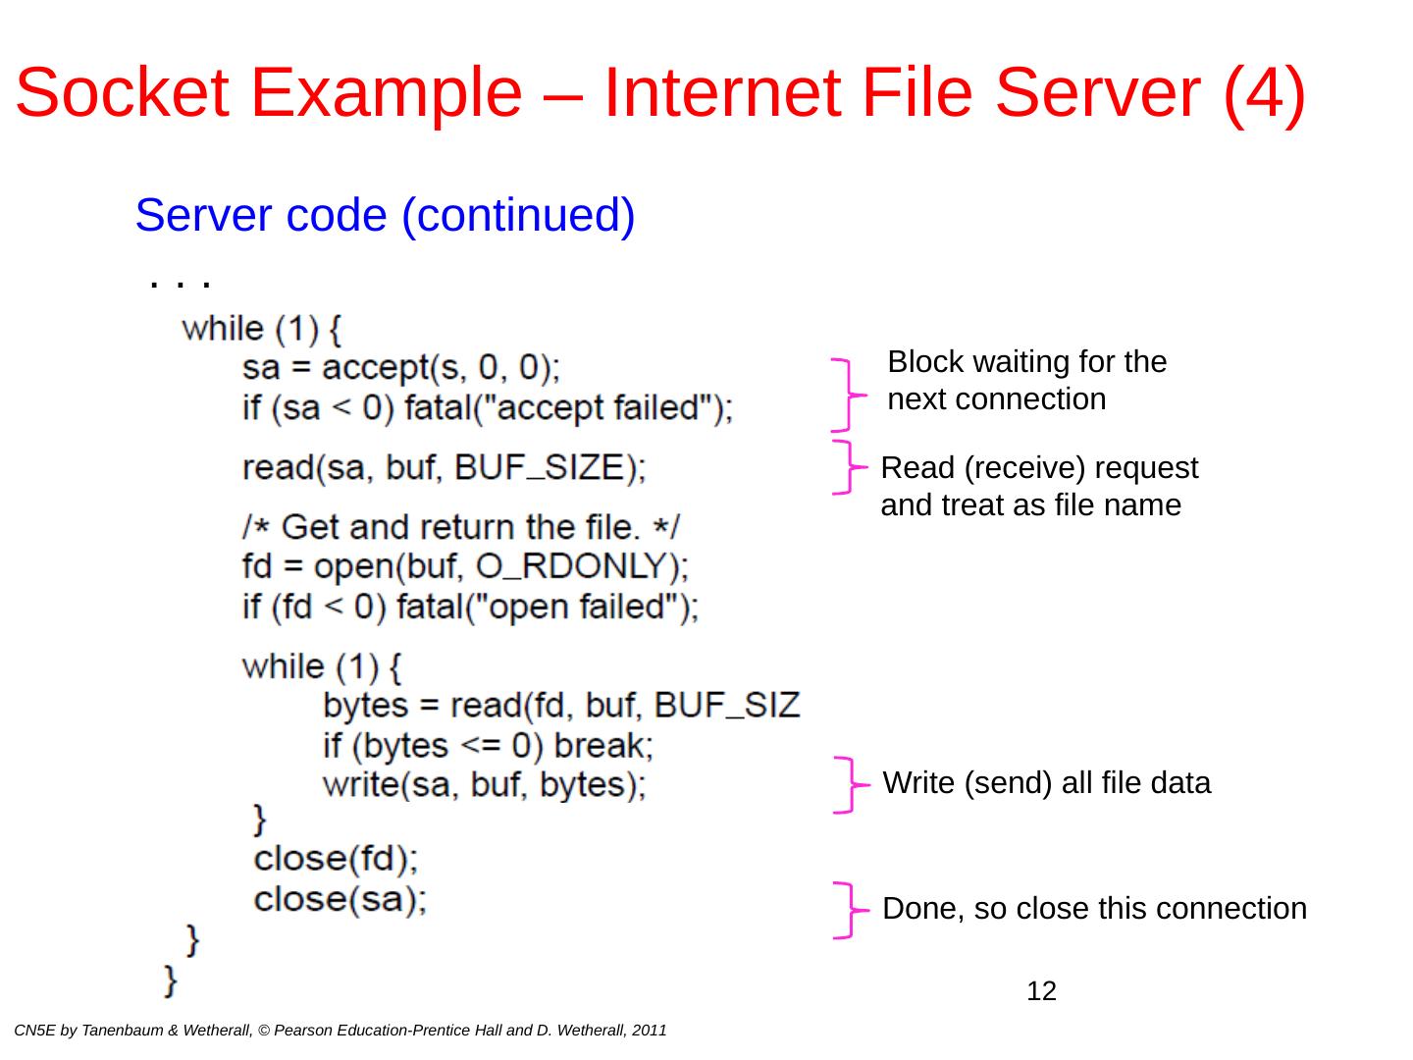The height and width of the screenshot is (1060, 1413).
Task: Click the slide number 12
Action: pos(1041,991)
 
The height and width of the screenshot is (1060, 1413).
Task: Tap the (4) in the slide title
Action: pos(1264,93)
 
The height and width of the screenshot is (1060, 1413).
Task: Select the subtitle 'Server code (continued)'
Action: pos(385,215)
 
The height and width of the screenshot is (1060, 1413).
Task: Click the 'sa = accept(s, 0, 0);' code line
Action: pos(401,367)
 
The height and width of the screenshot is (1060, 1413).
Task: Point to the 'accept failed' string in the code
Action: pos(601,407)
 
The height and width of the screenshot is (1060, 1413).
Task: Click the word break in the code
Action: pos(602,746)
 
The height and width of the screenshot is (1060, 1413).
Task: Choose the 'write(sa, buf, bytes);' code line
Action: pos(484,785)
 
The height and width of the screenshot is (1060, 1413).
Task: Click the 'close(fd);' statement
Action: pos(336,859)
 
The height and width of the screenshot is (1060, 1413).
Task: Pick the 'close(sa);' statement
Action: pos(340,899)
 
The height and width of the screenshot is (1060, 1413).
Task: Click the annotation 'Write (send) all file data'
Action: pos(1047,783)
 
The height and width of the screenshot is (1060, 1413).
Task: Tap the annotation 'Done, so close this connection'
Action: pos(1094,909)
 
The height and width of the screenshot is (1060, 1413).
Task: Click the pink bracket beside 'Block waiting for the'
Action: pos(847,395)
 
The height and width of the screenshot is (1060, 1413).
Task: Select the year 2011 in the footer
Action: pos(650,1031)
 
